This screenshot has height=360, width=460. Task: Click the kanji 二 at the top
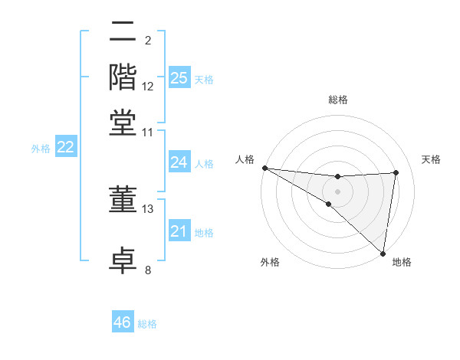(x=123, y=33)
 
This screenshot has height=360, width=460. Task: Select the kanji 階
(x=123, y=77)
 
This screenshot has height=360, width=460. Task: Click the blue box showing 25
(x=179, y=77)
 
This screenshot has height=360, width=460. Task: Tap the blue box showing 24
(x=179, y=162)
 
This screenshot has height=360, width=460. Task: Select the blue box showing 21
(x=179, y=231)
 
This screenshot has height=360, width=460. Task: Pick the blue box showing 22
(x=65, y=148)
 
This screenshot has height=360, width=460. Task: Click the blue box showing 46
(x=123, y=322)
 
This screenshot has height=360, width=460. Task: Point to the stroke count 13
(x=148, y=208)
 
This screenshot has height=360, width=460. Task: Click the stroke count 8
(x=148, y=270)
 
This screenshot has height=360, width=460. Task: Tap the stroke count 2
(x=148, y=40)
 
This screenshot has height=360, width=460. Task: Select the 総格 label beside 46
(x=148, y=324)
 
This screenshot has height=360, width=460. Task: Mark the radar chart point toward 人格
(x=264, y=168)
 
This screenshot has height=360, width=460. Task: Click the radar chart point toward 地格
(x=383, y=252)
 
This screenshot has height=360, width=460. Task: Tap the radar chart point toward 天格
(x=396, y=172)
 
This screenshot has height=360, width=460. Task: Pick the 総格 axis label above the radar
(x=338, y=100)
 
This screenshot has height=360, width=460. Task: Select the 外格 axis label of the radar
(x=270, y=263)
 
